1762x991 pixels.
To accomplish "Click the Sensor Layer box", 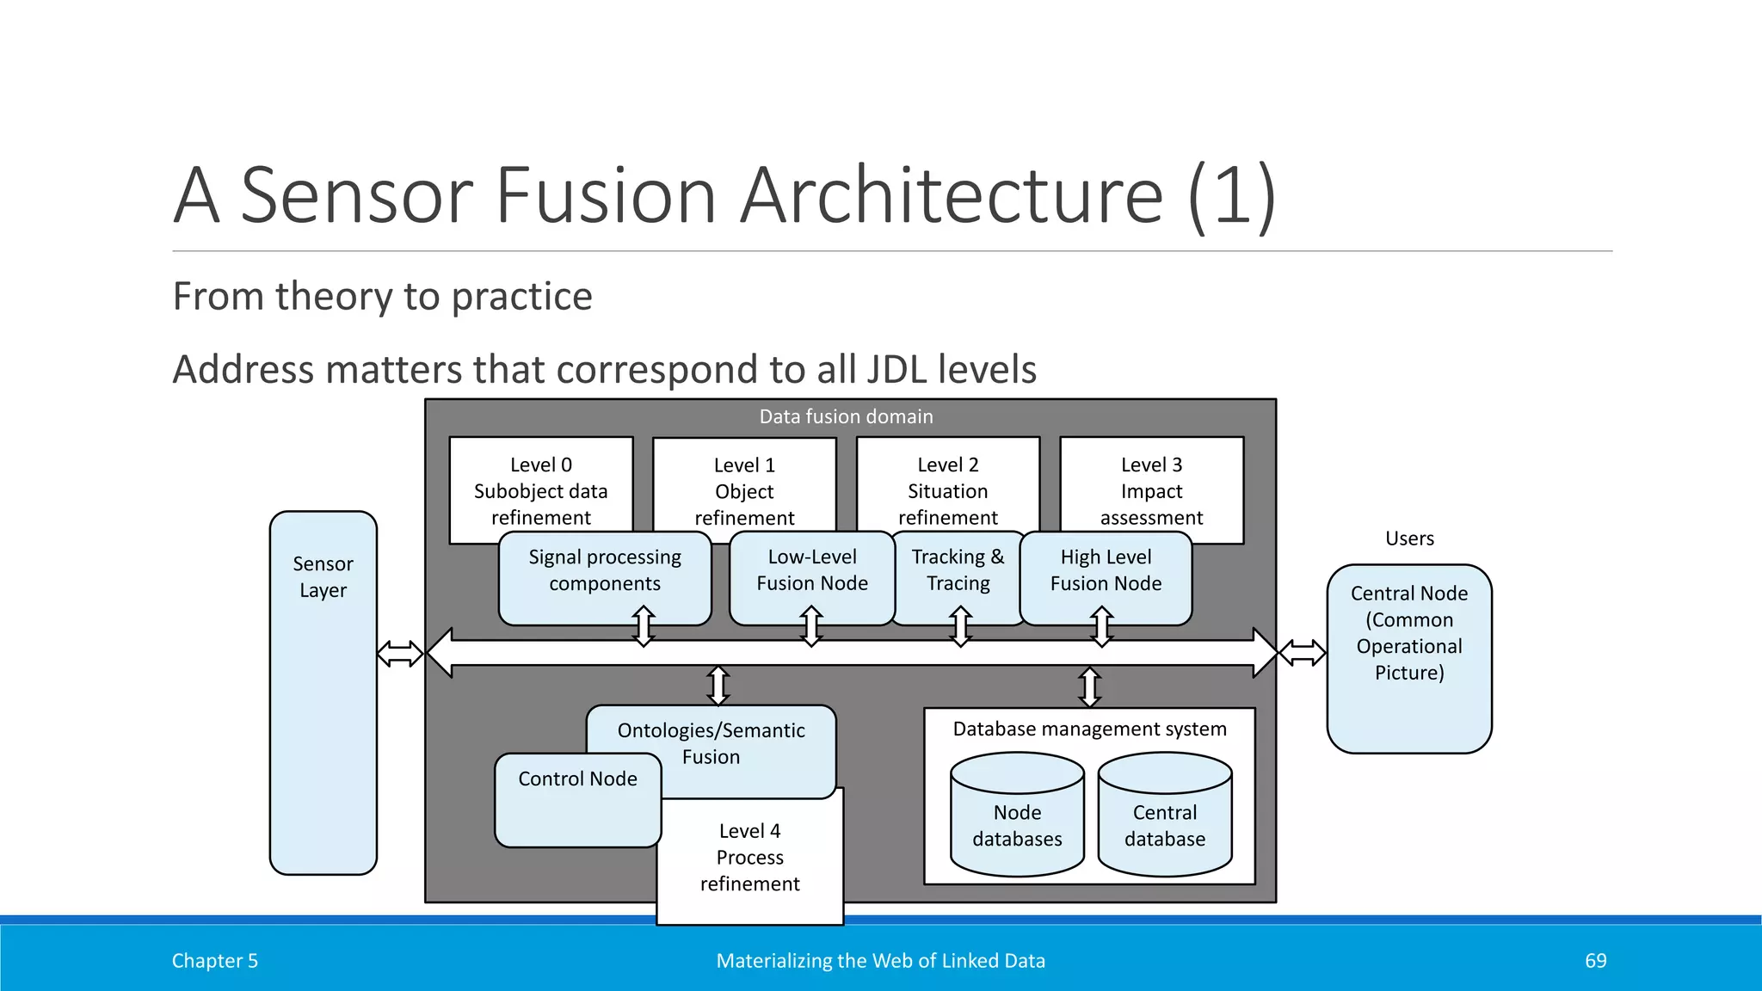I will pos(323,692).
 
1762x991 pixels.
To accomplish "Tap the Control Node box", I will pos(577,800).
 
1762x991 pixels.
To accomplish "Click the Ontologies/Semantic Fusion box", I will pos(711,744).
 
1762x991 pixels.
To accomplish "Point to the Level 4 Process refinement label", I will pos(749,858).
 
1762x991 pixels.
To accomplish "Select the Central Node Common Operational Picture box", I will pos(1408,658).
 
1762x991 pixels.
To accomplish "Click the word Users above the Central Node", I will pos(1409,539).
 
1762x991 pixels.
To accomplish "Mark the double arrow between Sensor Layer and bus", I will pos(400,654).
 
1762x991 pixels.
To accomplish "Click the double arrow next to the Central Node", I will pos(1302,653).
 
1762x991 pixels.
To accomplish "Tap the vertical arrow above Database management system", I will pos(1089,686).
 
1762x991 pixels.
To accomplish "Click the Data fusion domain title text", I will pos(846,416).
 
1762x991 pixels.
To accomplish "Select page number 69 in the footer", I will pos(1595,961).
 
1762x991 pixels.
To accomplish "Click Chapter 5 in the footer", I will pos(214,961).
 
